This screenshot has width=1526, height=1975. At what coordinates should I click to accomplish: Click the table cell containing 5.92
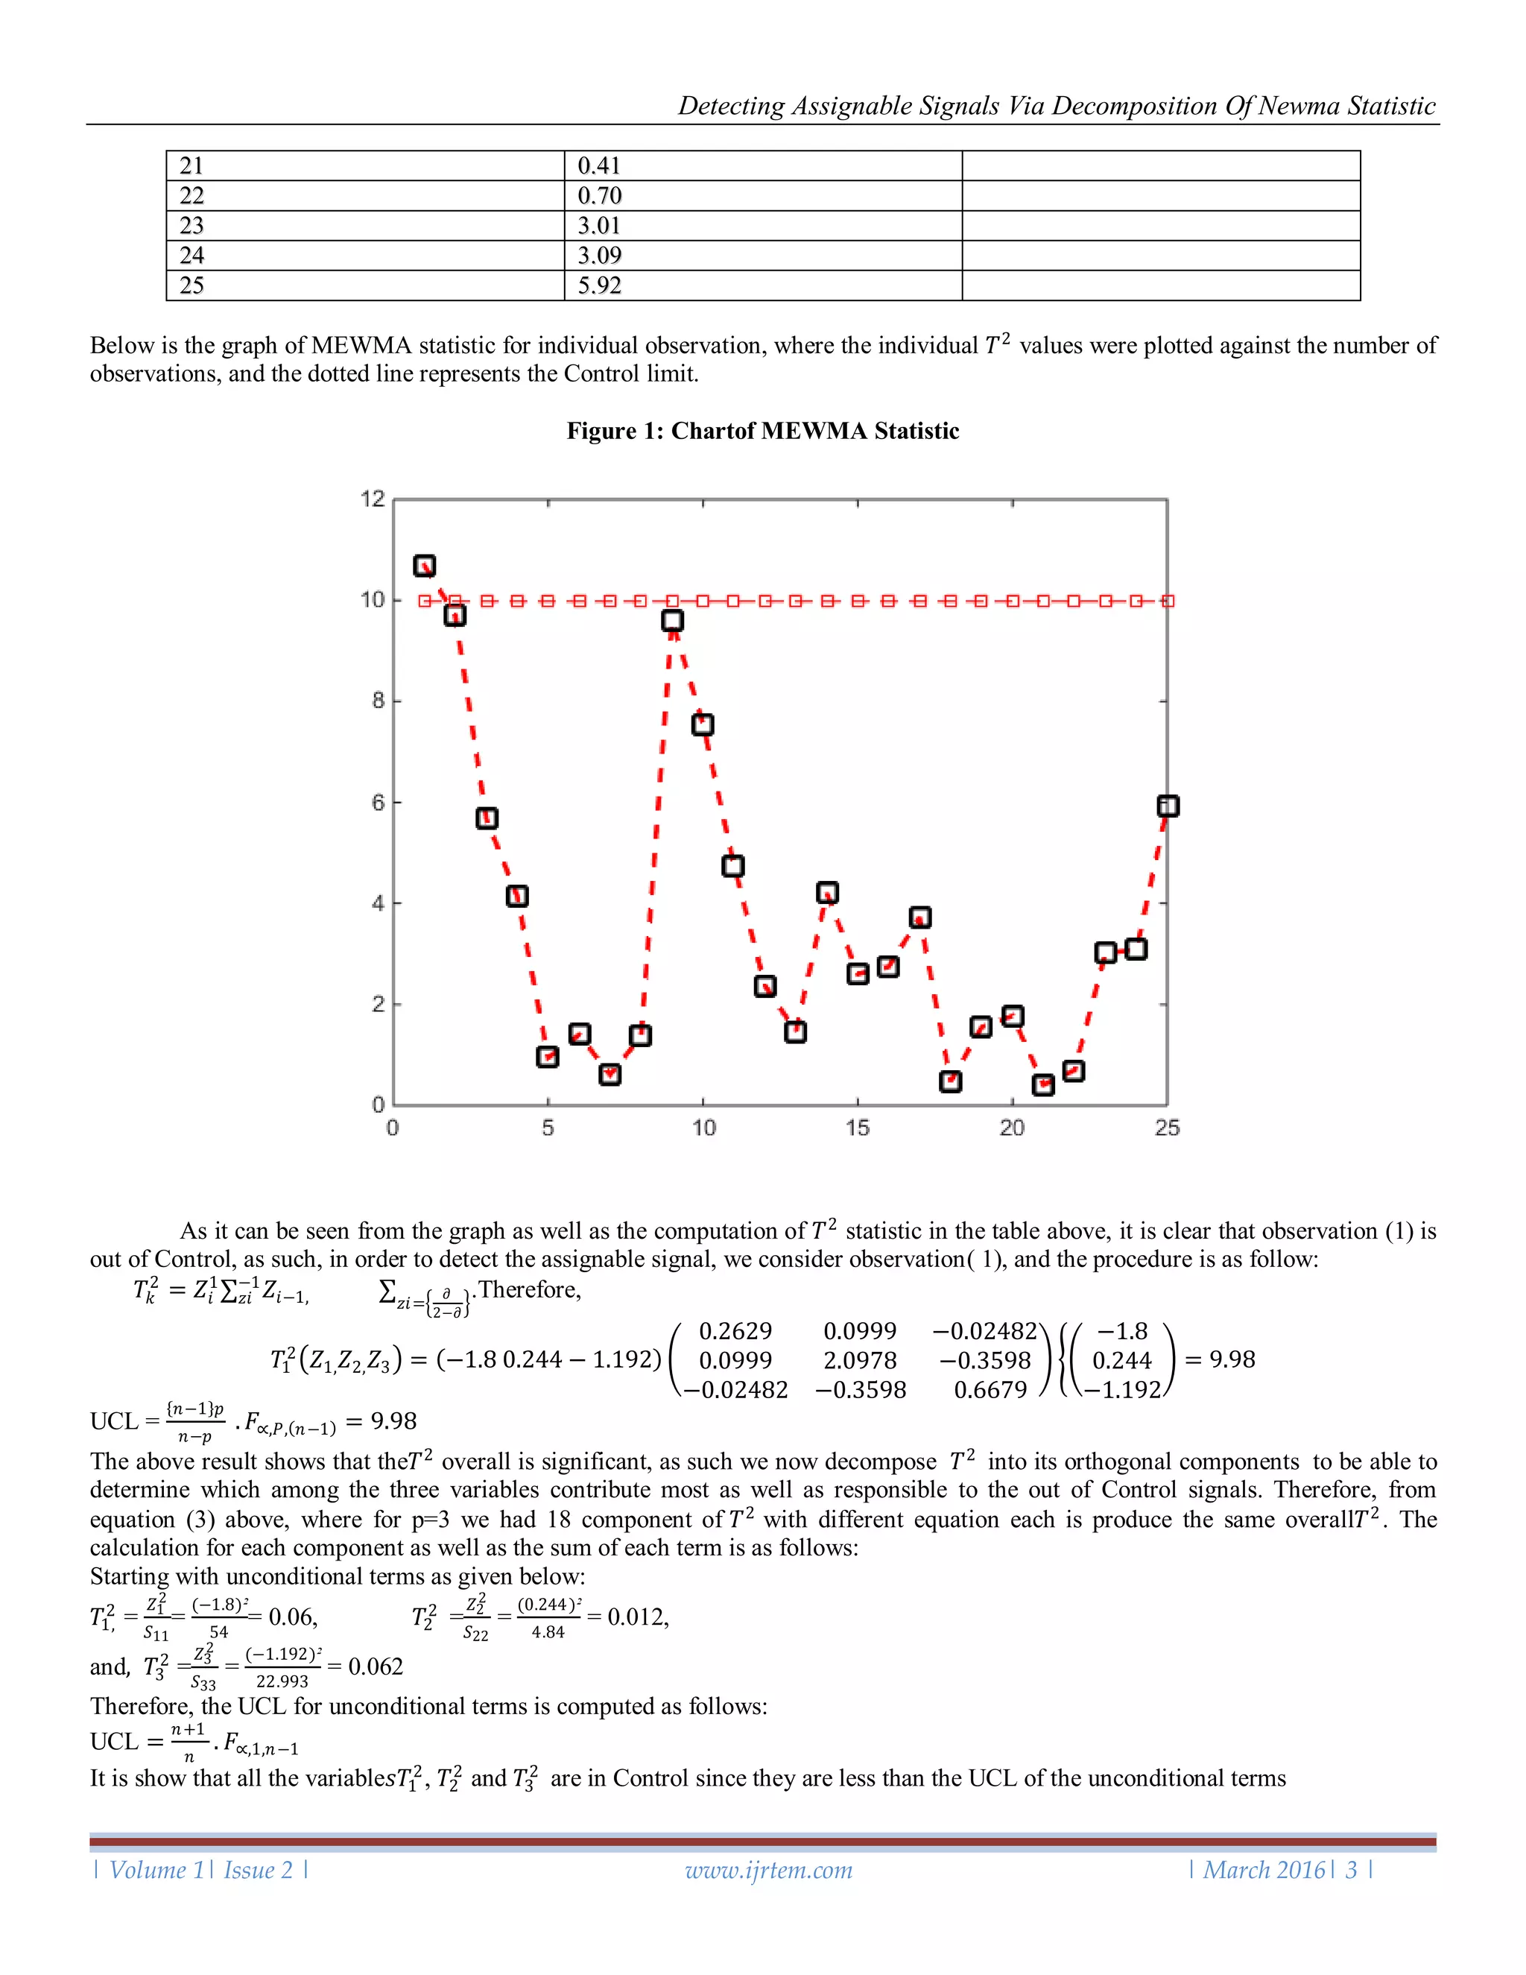tap(599, 285)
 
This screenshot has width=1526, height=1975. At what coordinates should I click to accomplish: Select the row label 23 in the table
tap(191, 226)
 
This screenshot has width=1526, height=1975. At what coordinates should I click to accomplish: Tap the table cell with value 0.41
tap(598, 166)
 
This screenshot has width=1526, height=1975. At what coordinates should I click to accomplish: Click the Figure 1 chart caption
tap(762, 432)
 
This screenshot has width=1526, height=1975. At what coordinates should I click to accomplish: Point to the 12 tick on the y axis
tap(373, 499)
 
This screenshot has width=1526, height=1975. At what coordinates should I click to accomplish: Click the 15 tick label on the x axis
tap(857, 1128)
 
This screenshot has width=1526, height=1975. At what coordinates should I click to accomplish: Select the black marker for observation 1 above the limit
tap(424, 566)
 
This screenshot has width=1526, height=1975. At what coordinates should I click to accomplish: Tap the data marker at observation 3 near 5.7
tap(487, 818)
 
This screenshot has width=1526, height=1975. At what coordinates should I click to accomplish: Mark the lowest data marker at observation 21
tap(1043, 1084)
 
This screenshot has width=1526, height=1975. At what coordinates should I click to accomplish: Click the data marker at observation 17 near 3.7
tap(920, 918)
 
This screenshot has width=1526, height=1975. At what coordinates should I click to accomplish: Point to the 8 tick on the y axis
tap(379, 701)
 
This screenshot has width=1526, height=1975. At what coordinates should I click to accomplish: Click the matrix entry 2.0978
tap(860, 1360)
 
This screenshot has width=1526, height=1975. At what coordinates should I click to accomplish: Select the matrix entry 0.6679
tap(990, 1390)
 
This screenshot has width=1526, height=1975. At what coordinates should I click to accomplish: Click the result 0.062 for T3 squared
tap(376, 1666)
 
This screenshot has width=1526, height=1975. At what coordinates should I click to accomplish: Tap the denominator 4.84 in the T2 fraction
tap(548, 1632)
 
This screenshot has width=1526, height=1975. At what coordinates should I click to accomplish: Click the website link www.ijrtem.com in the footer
tap(768, 1870)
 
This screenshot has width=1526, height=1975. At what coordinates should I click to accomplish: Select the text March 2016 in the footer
tap(1264, 1870)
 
